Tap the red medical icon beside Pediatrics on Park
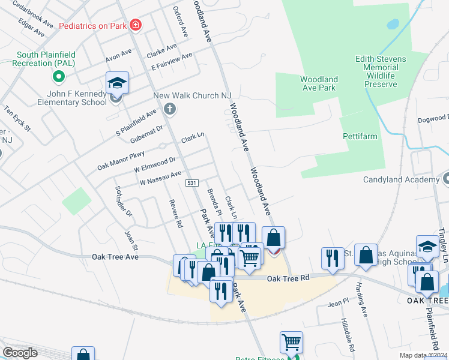coord(136,25)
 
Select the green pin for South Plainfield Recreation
coord(59,76)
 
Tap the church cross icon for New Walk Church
coord(170,109)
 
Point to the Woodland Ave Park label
coord(319,83)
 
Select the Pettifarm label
coord(360,136)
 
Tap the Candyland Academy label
coord(402,179)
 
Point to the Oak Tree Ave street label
coord(115,257)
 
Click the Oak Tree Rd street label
coord(288,278)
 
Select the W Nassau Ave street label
coord(160,178)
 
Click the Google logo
coord(20,353)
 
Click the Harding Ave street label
coord(361,301)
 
